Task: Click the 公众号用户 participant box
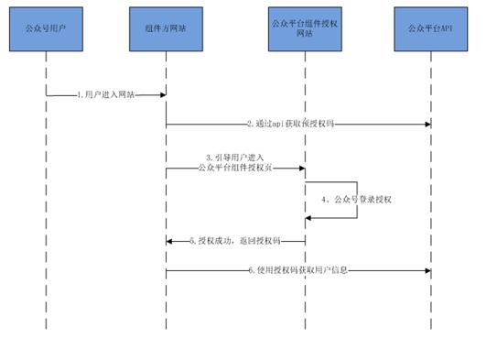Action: click(47, 30)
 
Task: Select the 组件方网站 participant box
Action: click(166, 30)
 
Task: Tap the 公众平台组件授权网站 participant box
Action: click(305, 30)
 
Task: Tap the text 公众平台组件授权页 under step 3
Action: click(234, 168)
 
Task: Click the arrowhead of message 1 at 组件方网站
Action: click(162, 94)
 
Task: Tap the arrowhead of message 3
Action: click(301, 168)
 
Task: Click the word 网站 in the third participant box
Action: click(305, 37)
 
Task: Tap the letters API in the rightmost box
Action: click(445, 30)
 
